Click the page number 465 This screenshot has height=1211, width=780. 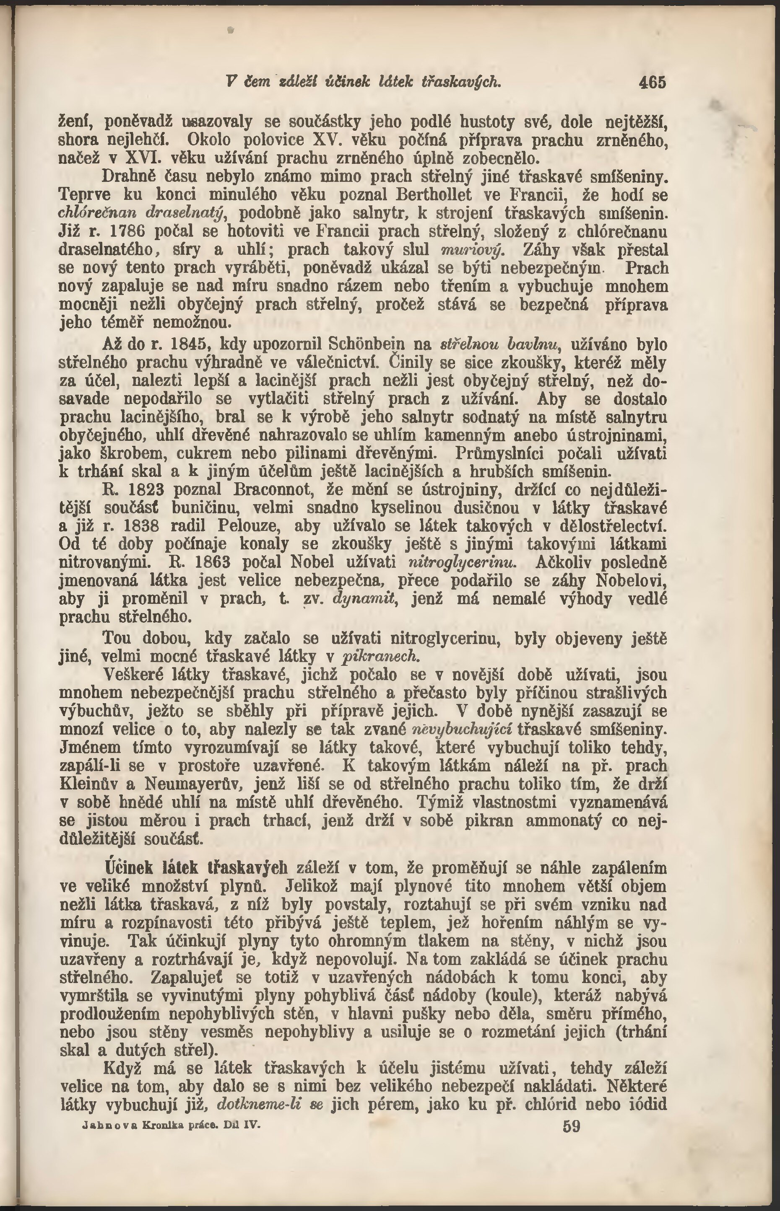pos(653,83)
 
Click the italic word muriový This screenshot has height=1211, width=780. pos(471,250)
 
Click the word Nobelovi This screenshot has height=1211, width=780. pos(632,580)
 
